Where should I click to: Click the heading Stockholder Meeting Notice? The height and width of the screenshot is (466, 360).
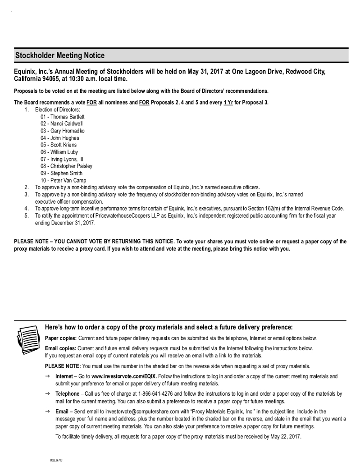tap(60, 55)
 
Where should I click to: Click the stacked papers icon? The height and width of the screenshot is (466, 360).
tap(28, 341)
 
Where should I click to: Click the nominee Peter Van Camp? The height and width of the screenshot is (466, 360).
tap(68, 180)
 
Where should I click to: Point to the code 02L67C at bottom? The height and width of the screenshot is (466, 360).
tap(56, 460)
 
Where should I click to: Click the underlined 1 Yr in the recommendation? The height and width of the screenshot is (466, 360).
tap(228, 102)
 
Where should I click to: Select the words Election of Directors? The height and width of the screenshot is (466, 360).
tap(58, 110)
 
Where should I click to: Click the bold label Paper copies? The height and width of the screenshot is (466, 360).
tap(61, 338)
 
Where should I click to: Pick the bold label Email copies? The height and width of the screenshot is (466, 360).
tap(60, 348)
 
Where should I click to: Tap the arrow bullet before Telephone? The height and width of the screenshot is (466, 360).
tap(47, 394)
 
